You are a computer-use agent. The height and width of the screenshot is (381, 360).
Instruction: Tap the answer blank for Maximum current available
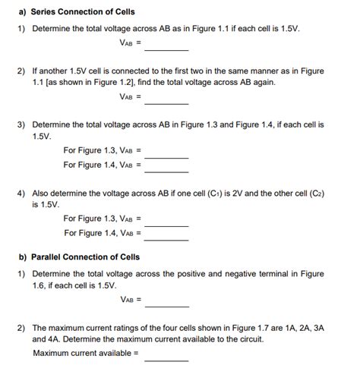166,357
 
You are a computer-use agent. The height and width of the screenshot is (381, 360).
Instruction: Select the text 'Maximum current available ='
86,353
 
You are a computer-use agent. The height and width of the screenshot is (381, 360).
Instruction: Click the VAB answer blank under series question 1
166,46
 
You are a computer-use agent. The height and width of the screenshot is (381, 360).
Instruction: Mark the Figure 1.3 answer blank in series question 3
166,155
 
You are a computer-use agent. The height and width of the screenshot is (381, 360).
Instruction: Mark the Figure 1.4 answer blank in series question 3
166,168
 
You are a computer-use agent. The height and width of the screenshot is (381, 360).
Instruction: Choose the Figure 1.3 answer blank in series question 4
166,222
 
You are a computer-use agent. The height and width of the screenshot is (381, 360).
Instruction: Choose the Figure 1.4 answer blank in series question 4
166,236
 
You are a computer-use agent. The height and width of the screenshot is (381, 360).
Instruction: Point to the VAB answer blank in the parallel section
166,304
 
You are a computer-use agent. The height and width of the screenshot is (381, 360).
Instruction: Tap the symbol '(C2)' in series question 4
317,193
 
